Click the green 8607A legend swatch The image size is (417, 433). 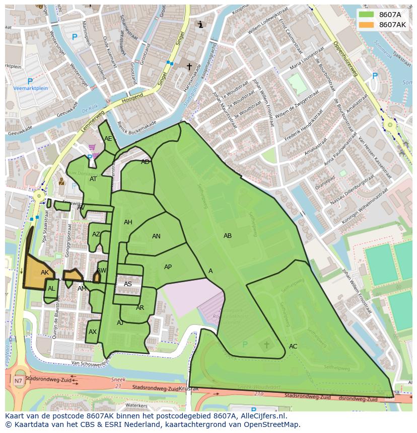pos(366,15)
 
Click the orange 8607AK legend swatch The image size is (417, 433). pos(366,25)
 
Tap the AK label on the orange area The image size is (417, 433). pos(45,273)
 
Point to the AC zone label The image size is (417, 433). pos(293,347)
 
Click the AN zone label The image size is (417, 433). pos(156,236)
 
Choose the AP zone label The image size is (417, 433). pos(168,267)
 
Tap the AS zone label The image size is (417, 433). pos(128,284)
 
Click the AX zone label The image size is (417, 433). pos(93,332)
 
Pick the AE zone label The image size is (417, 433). pos(108,139)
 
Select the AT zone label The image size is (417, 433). pos(93,179)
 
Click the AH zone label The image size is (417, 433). pos(128,222)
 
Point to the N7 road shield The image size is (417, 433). pos(18,381)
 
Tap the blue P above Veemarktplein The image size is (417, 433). pos(30,81)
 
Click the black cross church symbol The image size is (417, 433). pos(189,66)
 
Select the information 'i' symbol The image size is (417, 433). pos(200,24)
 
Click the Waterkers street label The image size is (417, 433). pos(136,405)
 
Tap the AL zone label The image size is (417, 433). pos(51,289)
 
